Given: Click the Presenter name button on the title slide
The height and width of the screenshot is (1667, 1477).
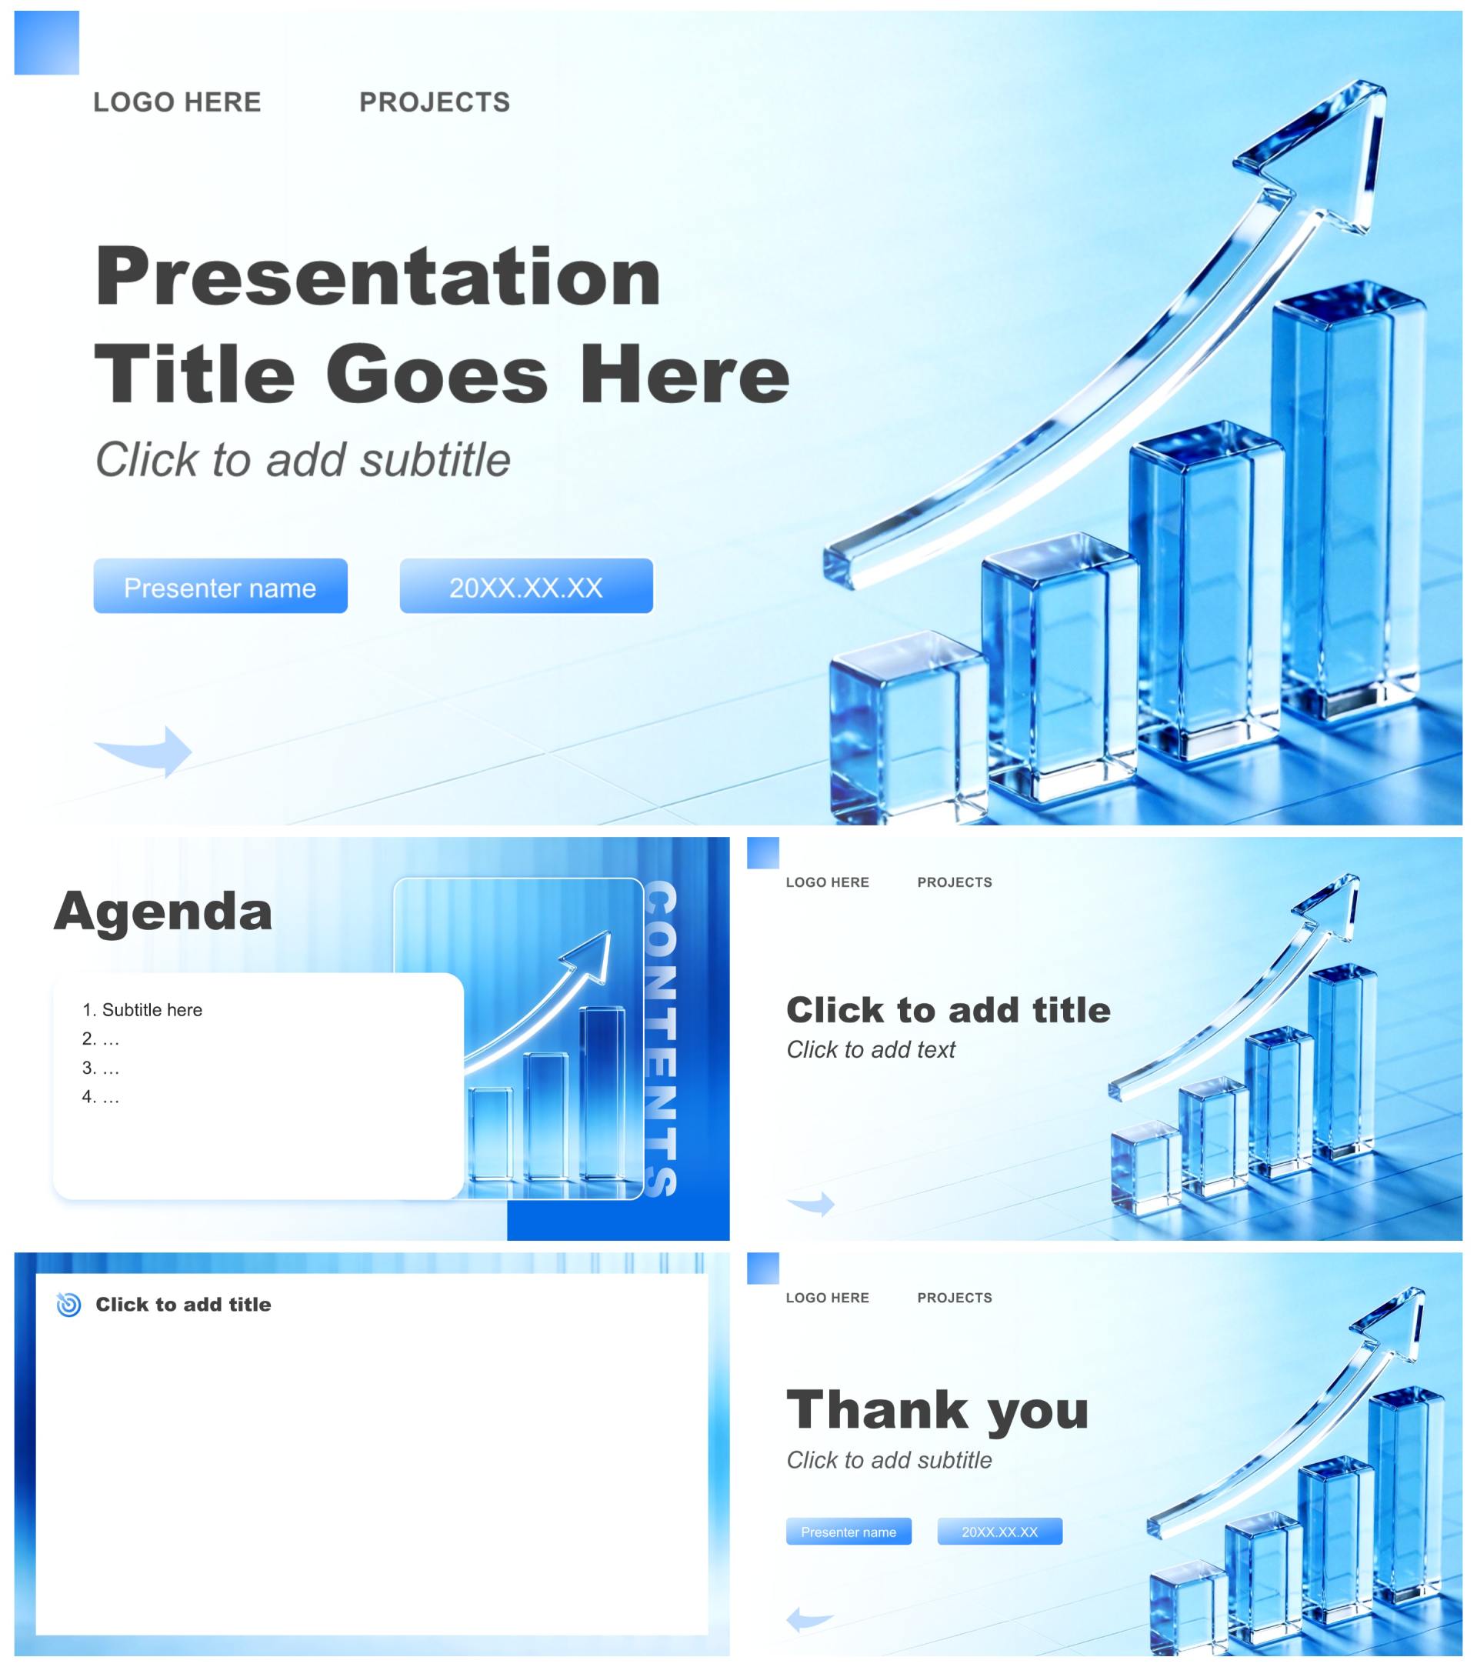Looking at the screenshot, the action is pos(220,585).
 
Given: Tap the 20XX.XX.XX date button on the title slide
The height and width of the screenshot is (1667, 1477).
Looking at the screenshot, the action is pos(526,585).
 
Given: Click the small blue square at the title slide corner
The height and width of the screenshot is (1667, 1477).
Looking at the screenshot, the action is pos(46,42).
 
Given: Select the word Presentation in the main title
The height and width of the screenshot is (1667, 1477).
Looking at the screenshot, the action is pos(378,277).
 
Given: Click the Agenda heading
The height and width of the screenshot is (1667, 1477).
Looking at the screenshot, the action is pos(163,911).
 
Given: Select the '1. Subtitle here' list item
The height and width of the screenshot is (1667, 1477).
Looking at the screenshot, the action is pos(142,1009).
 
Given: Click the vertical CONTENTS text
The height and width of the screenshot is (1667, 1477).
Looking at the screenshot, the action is pos(662,1039).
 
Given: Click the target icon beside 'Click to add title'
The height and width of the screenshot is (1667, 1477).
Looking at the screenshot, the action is pos(68,1304).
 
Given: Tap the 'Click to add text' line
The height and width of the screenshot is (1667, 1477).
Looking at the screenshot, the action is pos(870,1049).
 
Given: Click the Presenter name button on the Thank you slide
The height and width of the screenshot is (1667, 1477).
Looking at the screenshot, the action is pos(849,1532).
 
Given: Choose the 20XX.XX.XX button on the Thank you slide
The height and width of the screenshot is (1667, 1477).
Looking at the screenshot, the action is pos(1000,1532).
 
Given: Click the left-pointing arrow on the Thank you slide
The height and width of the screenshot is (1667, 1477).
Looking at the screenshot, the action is pos(811,1618).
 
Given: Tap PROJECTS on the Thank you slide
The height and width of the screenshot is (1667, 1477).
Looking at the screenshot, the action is pos(954,1298).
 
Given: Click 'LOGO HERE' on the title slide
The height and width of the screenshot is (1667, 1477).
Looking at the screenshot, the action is pos(177,102).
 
